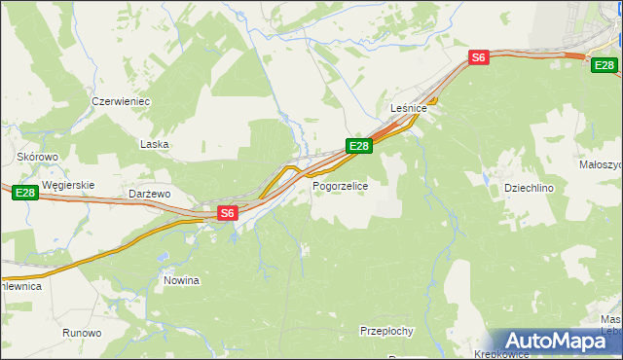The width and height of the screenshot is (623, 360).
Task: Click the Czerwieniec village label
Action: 120,101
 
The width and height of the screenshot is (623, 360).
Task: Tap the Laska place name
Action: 155,144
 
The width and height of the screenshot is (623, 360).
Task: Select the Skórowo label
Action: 38,156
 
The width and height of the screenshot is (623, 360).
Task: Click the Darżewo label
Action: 150,195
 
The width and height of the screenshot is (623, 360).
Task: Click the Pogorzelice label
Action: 340,185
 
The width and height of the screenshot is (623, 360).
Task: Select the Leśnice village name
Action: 409,108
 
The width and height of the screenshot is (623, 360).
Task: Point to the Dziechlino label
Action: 529,188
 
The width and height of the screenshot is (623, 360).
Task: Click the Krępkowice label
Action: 499,354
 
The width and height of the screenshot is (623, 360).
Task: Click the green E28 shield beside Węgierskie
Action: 25,195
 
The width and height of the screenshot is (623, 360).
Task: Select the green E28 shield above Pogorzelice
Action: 359,146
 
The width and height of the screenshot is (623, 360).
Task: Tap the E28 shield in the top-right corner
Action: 605,64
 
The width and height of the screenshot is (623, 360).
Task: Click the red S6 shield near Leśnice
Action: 478,57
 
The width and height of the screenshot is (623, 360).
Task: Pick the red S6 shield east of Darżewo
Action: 227,212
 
